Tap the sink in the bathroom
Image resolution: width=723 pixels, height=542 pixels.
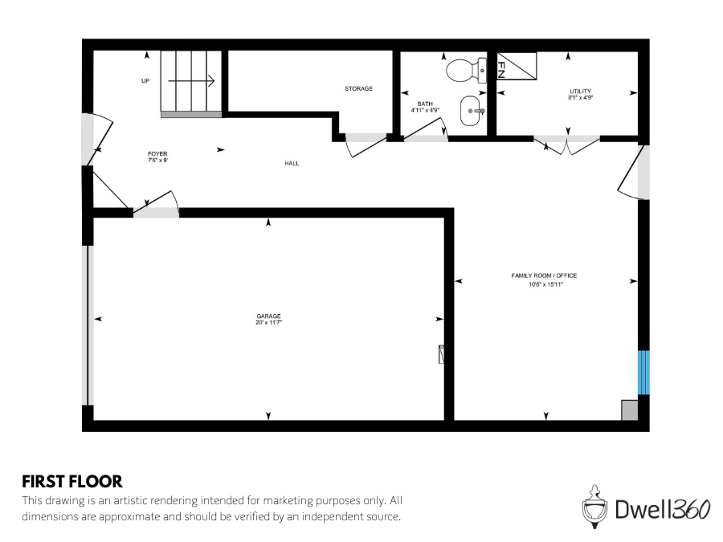(x=473, y=112)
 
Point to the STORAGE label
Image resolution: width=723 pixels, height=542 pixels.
(x=358, y=88)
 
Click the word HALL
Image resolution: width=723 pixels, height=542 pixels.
(x=292, y=163)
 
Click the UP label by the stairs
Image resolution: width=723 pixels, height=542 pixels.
(x=145, y=80)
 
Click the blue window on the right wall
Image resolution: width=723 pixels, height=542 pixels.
(x=643, y=372)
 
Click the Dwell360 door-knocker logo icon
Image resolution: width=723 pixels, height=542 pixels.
(x=593, y=506)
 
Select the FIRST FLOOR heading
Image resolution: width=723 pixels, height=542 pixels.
(x=72, y=482)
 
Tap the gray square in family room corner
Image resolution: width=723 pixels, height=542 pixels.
(x=630, y=410)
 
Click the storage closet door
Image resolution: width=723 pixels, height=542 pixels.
(x=365, y=145)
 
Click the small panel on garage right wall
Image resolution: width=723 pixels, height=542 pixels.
(x=441, y=354)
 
